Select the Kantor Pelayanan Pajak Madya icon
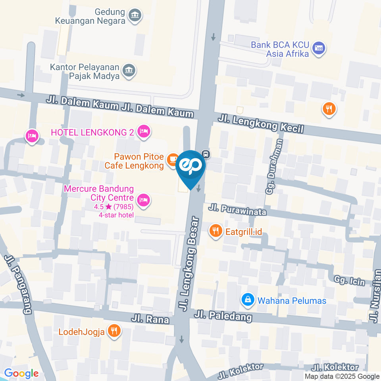(129, 70)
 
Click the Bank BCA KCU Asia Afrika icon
(319, 48)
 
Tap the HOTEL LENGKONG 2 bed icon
(144, 131)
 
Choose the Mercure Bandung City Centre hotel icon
(144, 199)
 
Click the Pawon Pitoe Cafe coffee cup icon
(172, 159)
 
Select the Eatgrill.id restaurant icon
(216, 231)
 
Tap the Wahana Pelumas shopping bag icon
(248, 300)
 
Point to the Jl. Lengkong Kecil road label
(261, 123)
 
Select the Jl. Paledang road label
(223, 316)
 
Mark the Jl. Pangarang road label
(18, 284)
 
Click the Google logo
(21, 373)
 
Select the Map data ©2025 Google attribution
(342, 376)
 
